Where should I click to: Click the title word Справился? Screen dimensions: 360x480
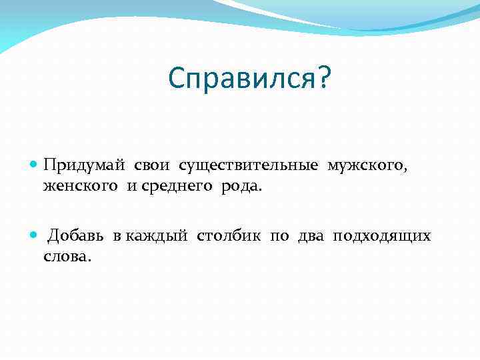tap(241, 79)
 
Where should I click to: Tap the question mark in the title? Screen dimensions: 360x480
tap(323, 79)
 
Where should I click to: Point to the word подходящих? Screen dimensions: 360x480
tap(382, 237)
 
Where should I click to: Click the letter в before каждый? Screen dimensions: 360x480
tap(116, 237)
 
